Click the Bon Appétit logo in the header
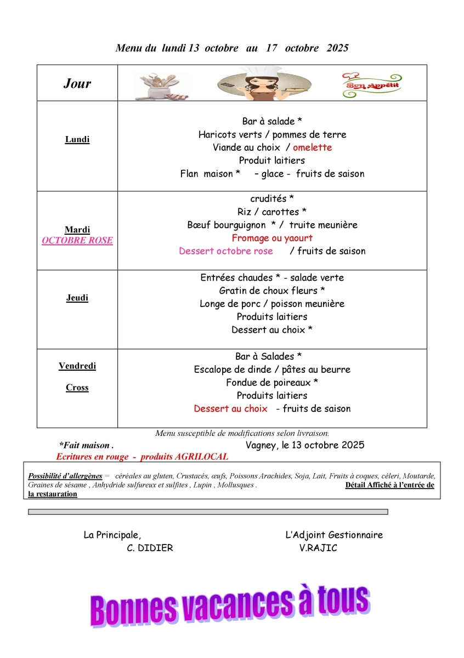[x=371, y=84]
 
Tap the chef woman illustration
[x=261, y=83]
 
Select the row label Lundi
[x=77, y=139]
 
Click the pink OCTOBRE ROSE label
[x=77, y=240]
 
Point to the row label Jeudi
[x=77, y=298]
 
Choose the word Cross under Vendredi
[x=77, y=388]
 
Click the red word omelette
[x=312, y=148]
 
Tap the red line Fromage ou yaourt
[x=272, y=238]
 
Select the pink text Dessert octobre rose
[x=225, y=251]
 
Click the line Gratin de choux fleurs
[x=272, y=291]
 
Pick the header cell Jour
[x=77, y=83]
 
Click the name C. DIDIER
[x=150, y=548]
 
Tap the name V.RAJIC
[x=319, y=548]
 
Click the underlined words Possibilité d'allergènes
[x=65, y=476]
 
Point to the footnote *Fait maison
[x=86, y=446]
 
